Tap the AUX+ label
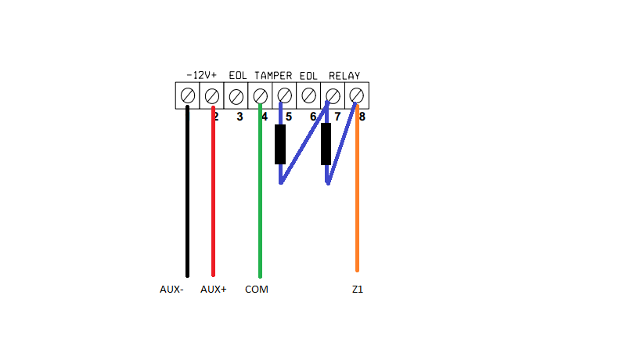pyautogui.click(x=213, y=290)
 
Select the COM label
pyautogui.click(x=256, y=290)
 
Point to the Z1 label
pyautogui.click(x=357, y=290)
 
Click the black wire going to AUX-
pyautogui.click(x=187, y=196)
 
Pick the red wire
pyautogui.click(x=213, y=196)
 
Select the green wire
pyautogui.click(x=260, y=196)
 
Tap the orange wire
pyautogui.click(x=357, y=196)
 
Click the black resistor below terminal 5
pyautogui.click(x=280, y=145)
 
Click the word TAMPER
pyautogui.click(x=273, y=76)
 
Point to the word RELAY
pyautogui.click(x=344, y=76)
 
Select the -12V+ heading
pyautogui.click(x=201, y=76)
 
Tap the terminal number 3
pyautogui.click(x=239, y=117)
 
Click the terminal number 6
pyautogui.click(x=312, y=117)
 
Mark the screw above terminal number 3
pyautogui.click(x=236, y=95)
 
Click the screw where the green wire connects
pyautogui.click(x=260, y=95)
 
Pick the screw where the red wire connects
pyautogui.click(x=211, y=95)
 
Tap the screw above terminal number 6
pyautogui.click(x=308, y=95)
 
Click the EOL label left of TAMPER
pyautogui.click(x=238, y=76)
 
